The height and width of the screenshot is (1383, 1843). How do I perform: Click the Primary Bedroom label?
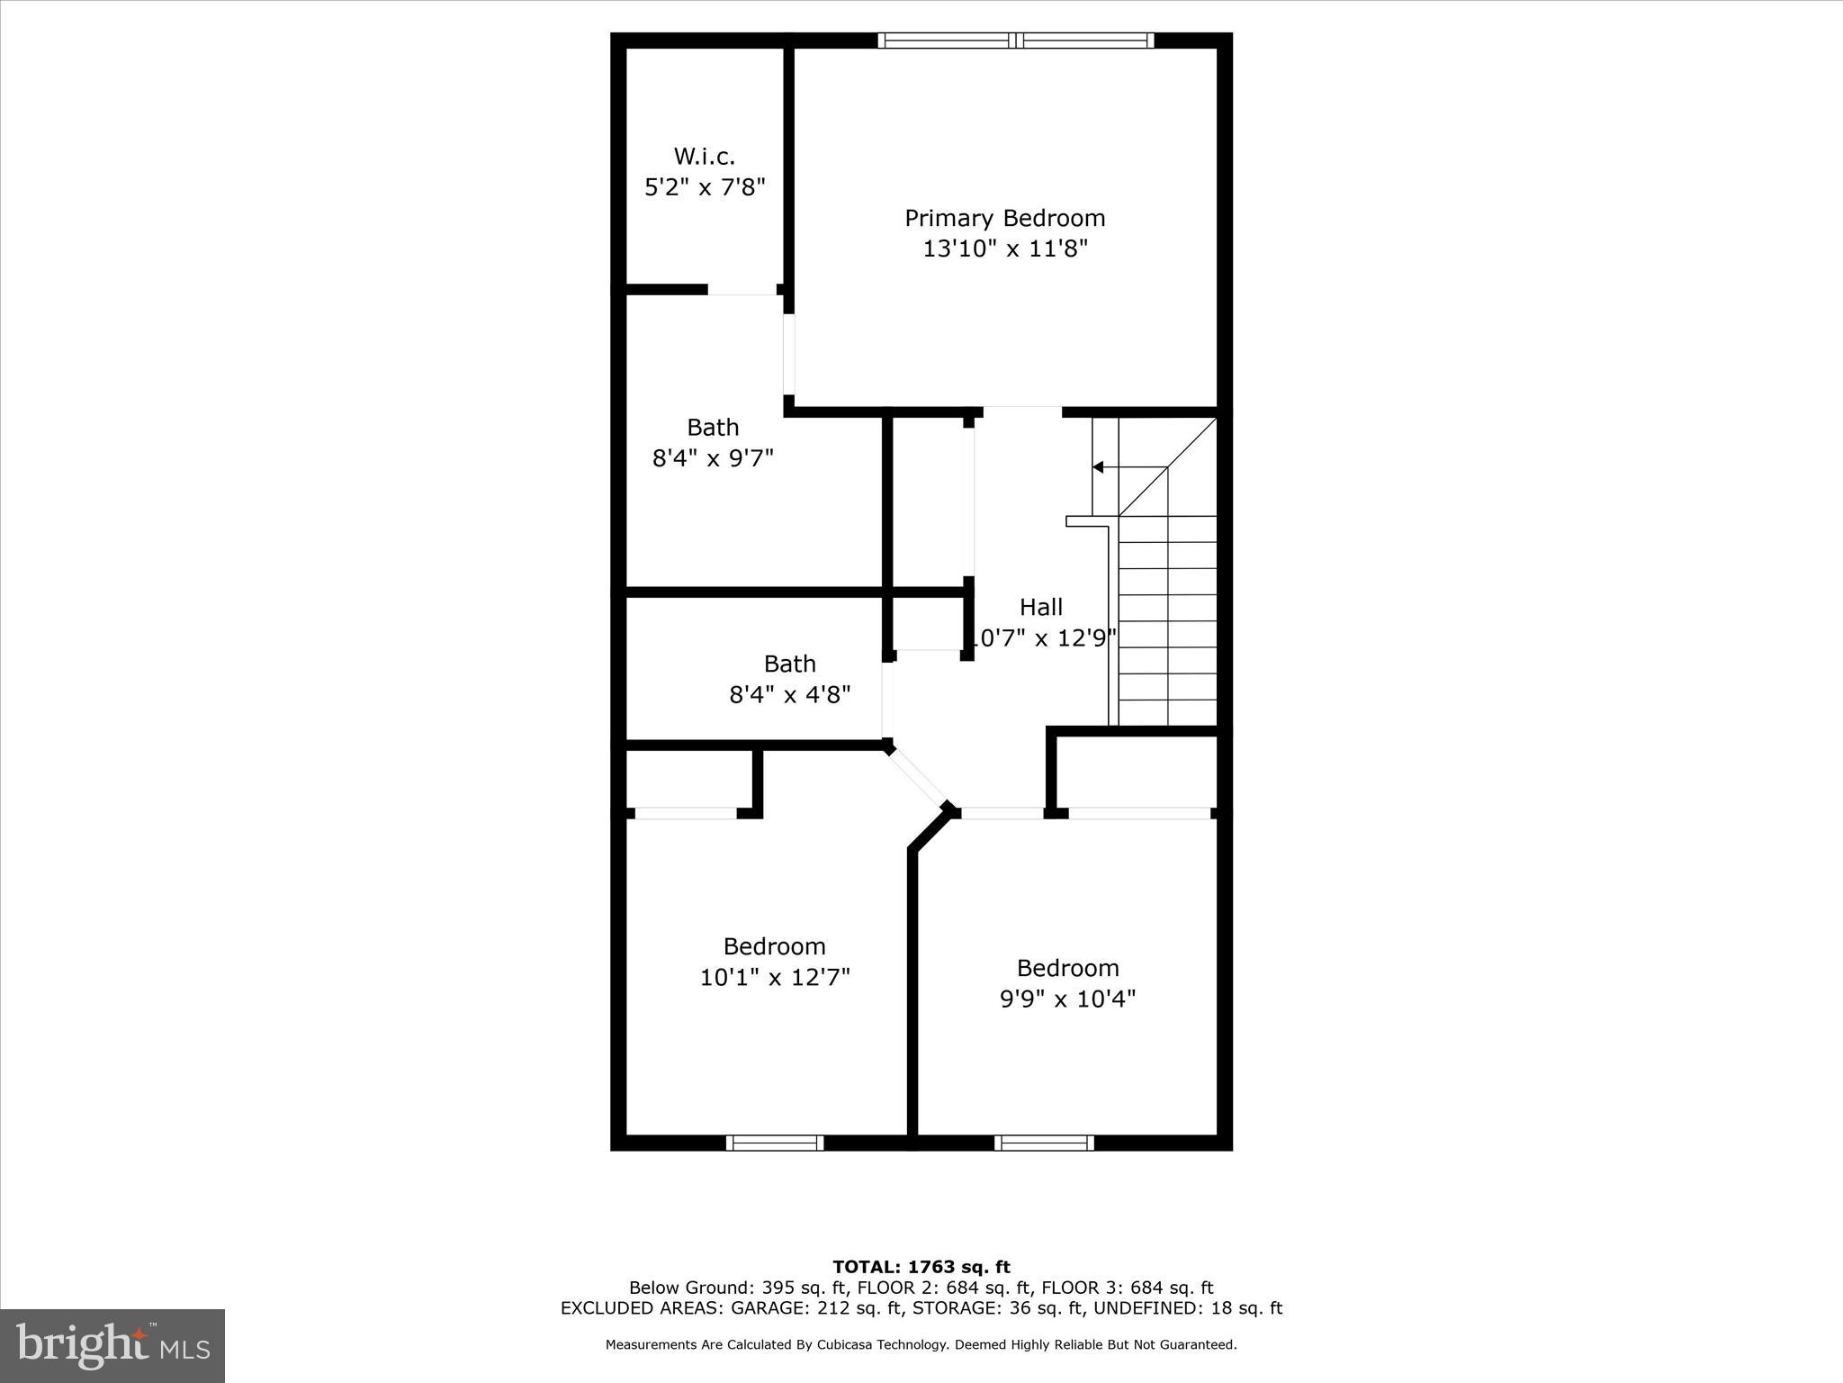click(1004, 218)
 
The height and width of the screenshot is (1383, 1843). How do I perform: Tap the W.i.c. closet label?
click(704, 157)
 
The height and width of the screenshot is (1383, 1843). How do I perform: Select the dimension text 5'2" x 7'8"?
click(705, 187)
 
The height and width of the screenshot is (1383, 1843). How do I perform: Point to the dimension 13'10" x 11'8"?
click(1005, 249)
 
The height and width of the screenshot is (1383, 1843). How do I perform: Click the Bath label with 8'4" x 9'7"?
click(713, 427)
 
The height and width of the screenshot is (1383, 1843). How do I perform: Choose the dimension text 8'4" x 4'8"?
click(789, 694)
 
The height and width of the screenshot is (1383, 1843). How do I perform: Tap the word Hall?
click(1041, 607)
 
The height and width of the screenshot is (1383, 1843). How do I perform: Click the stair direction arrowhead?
click(1098, 466)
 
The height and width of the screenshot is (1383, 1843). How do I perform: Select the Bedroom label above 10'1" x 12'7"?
click(774, 946)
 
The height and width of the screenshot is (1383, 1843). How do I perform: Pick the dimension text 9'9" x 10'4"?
click(1067, 999)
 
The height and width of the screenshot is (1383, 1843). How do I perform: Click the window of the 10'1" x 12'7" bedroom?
click(775, 1143)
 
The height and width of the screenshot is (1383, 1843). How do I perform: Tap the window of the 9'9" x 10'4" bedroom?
click(1044, 1143)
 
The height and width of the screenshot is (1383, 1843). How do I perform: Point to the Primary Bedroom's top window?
click(1015, 40)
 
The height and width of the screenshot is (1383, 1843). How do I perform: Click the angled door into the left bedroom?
click(917, 776)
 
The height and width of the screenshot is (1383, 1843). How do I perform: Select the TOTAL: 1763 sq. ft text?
click(921, 1268)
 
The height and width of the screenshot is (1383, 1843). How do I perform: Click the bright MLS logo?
click(112, 1346)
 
